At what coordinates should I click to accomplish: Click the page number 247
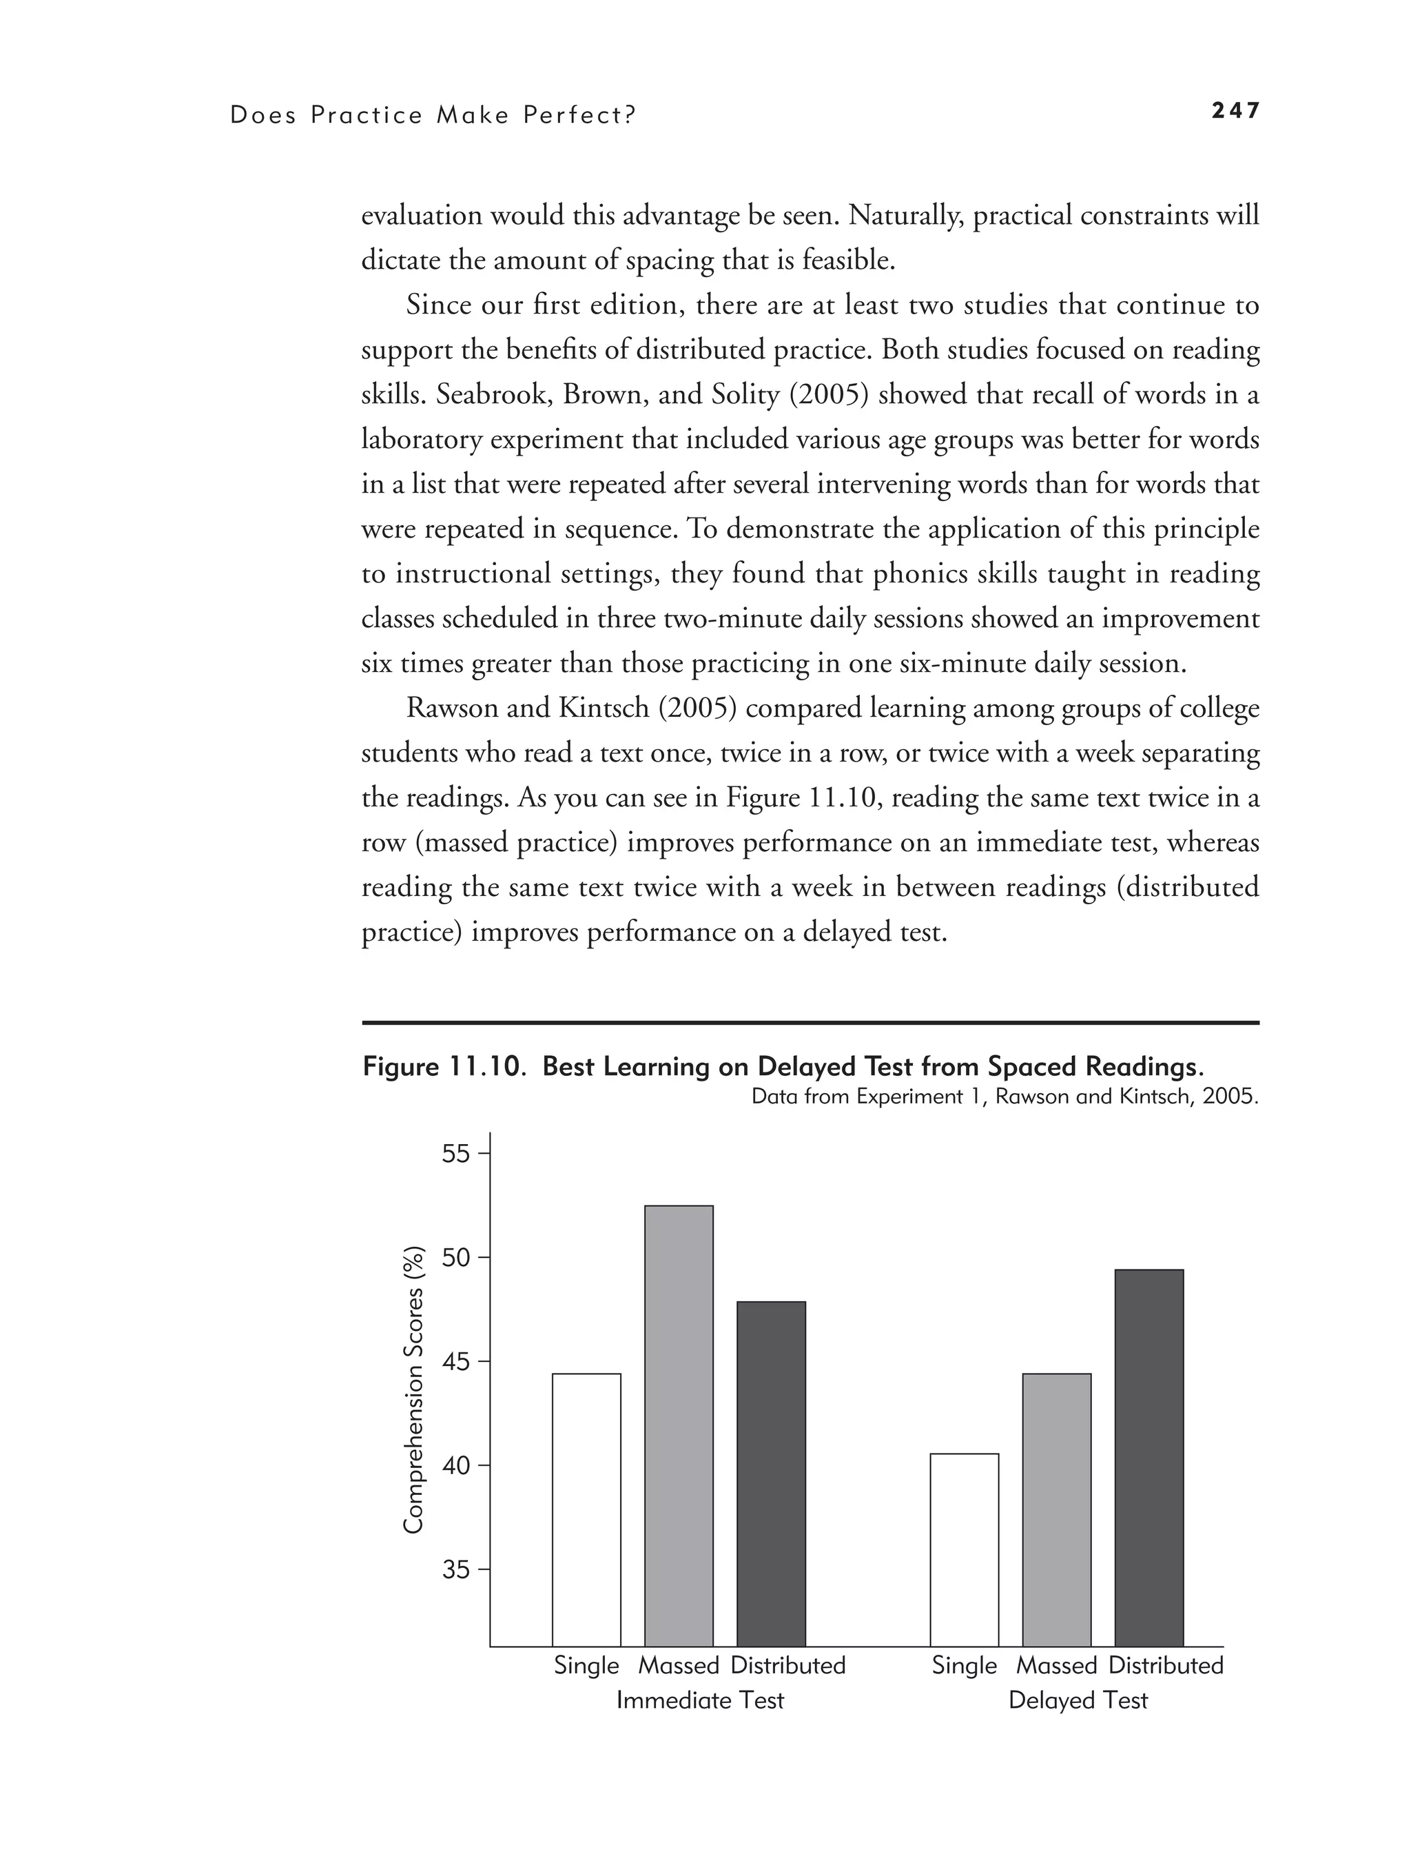pos(1235,110)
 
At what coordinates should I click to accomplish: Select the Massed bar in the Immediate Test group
pos(679,1425)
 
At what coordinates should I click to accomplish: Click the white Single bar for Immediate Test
pos(586,1509)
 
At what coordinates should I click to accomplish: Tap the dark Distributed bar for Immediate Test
pos(770,1474)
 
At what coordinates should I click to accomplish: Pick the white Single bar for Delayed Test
pos(965,1549)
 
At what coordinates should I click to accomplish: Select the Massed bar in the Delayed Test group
pos(1056,1509)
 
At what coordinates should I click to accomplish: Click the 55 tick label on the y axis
pos(456,1154)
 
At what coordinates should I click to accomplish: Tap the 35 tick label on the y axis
pos(456,1570)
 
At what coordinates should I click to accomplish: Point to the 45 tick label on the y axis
pos(456,1362)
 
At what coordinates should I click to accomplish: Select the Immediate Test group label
pos(699,1700)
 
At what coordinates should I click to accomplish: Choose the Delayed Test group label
pos(1078,1700)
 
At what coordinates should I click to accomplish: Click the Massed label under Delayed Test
pos(1056,1666)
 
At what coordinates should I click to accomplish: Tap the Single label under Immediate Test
pos(586,1666)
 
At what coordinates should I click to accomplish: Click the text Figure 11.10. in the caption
pos(446,1068)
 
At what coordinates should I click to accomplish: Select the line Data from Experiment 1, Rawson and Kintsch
pos(1004,1097)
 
